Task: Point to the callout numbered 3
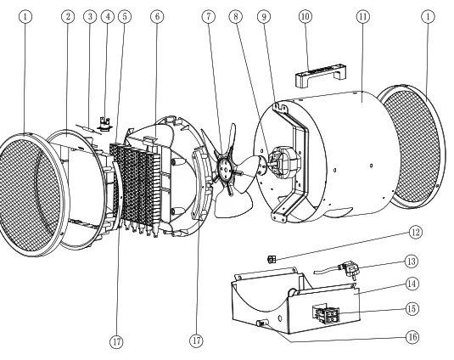click(90, 16)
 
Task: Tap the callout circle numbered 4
click(107, 16)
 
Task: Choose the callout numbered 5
click(125, 16)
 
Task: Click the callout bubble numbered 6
click(156, 16)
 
